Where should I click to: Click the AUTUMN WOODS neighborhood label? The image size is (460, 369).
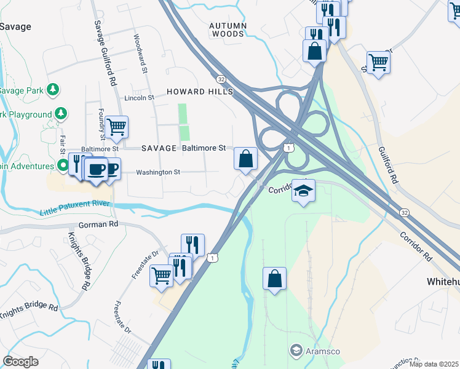click(x=228, y=30)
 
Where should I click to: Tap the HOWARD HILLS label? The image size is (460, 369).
click(x=200, y=92)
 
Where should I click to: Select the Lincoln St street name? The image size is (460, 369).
click(x=139, y=98)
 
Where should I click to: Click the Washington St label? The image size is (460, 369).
click(x=158, y=173)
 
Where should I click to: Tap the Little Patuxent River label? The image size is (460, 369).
click(x=74, y=208)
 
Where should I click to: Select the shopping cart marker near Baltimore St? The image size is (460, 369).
click(x=116, y=127)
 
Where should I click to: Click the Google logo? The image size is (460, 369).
click(x=21, y=362)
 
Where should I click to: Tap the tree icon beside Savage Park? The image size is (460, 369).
click(x=53, y=90)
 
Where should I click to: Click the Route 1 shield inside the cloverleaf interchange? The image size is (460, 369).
click(x=288, y=148)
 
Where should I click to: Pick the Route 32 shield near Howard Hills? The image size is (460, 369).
click(x=220, y=79)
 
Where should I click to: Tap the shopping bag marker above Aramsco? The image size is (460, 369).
click(x=274, y=279)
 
